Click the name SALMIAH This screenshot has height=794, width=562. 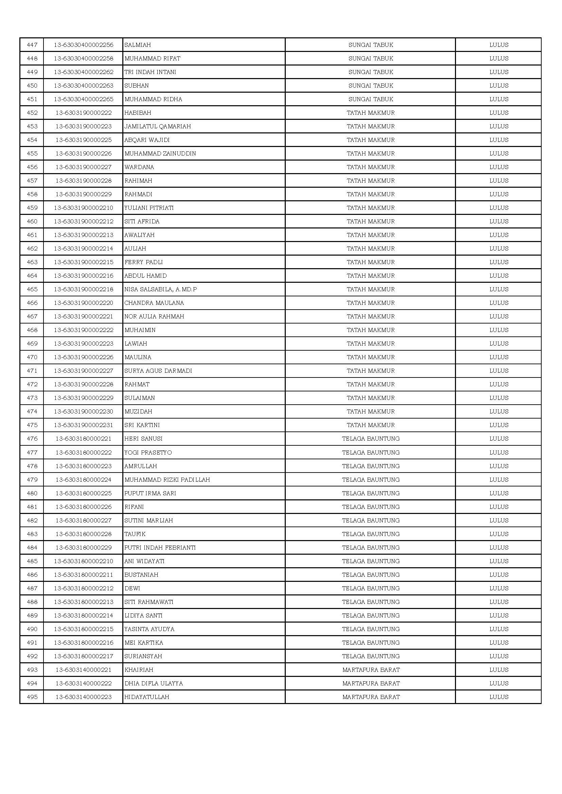tap(137, 45)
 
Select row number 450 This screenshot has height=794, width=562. tap(32, 86)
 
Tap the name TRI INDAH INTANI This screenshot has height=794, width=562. tap(150, 72)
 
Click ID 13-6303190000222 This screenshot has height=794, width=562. tap(83, 113)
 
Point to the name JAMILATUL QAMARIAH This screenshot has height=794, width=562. tap(157, 126)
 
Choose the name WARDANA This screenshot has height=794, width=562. tap(139, 167)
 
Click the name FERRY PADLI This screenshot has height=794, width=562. tap(143, 262)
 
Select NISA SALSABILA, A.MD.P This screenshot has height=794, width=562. tap(161, 289)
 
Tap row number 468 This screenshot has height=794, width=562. tap(32, 330)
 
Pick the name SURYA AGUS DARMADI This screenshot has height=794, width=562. tap(158, 371)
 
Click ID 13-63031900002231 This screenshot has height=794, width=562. tap(83, 425)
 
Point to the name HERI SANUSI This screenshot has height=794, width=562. tap(143, 439)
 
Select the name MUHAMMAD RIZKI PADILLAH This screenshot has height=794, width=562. tap(167, 480)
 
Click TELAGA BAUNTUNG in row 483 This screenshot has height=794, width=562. tap(371, 534)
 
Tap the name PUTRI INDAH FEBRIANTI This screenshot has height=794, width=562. tap(160, 548)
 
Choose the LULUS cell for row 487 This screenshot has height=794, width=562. tap(499, 588)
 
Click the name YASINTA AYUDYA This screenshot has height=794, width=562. tap(149, 629)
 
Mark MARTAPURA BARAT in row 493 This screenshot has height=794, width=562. tap(371, 670)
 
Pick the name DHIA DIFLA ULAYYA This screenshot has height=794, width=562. tap(153, 683)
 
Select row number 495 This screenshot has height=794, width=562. tap(32, 697)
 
